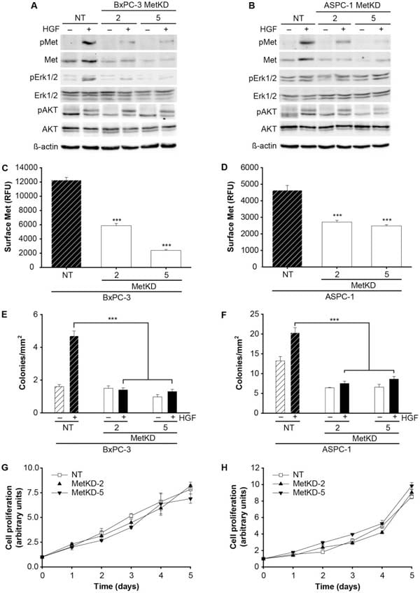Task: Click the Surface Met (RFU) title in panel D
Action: (x=228, y=216)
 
